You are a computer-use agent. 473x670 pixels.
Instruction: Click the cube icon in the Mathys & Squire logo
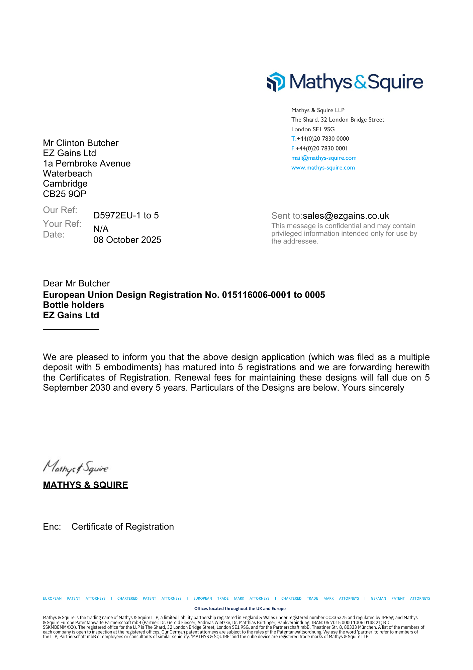276,82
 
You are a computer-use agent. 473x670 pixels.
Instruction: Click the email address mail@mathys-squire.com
323,158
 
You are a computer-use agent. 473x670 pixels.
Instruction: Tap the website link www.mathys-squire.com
323,167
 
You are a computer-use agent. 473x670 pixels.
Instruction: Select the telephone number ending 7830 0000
322,139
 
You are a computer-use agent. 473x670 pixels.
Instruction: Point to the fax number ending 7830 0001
321,148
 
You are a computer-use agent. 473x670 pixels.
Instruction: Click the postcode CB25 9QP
65,194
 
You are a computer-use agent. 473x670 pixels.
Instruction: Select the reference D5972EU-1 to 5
126,215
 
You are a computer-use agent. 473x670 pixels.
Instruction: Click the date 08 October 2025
127,240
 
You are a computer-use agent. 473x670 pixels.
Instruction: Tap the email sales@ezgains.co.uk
346,216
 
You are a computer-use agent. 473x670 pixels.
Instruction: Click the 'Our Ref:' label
60,210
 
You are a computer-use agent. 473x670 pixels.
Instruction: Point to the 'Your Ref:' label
62,224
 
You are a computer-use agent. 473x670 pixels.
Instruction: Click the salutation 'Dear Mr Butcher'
76,283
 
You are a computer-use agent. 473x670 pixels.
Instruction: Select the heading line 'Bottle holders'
73,305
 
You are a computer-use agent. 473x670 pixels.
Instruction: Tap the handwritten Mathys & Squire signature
76,467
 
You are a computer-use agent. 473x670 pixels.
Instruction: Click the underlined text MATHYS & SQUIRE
85,485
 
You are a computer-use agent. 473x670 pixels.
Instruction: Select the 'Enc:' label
52,527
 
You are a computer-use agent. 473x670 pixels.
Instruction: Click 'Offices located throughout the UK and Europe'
240,608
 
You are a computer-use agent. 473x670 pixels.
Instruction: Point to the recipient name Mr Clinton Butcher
81,143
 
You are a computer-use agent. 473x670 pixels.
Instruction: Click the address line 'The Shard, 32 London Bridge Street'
338,120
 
